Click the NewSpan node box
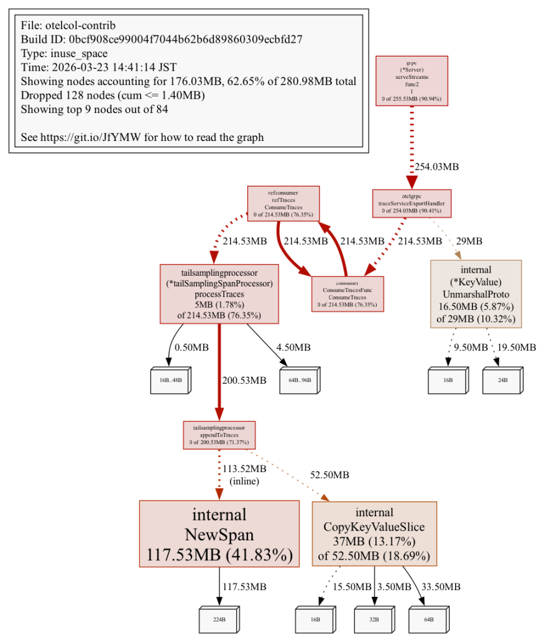(x=219, y=534)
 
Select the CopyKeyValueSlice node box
(x=374, y=534)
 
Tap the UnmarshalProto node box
(x=476, y=294)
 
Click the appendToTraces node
(x=219, y=435)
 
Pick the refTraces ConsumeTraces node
(x=283, y=203)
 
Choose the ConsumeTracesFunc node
(x=348, y=293)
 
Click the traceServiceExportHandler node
(x=411, y=203)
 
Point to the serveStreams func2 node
(x=411, y=80)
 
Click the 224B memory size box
(x=219, y=619)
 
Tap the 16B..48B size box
(x=168, y=379)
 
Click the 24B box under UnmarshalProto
(x=502, y=379)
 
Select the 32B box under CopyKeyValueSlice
(x=373, y=619)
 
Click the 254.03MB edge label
(x=438, y=166)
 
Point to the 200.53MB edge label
(x=245, y=380)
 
